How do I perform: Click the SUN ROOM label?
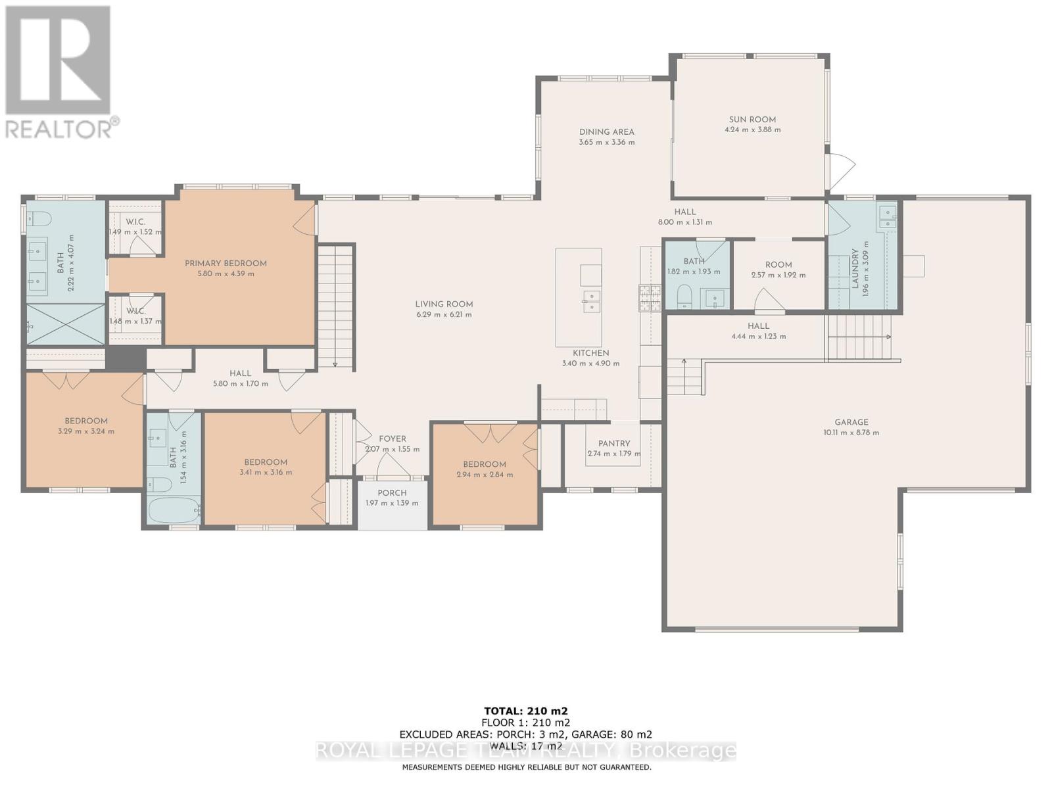(x=752, y=120)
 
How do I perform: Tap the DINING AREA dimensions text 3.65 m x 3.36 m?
(x=606, y=142)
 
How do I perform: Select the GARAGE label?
(x=851, y=422)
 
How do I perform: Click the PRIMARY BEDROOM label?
(x=226, y=263)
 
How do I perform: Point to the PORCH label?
(x=392, y=493)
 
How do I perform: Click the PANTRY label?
(x=614, y=443)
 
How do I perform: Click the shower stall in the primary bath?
(x=66, y=324)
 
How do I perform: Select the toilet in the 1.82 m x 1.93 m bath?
(x=684, y=297)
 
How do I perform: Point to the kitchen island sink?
(x=591, y=302)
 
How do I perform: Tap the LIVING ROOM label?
(x=444, y=304)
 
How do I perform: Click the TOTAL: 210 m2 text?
(x=525, y=711)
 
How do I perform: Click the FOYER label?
(x=393, y=439)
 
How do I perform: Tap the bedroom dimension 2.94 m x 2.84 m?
(x=485, y=475)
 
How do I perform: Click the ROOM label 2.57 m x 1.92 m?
(x=778, y=264)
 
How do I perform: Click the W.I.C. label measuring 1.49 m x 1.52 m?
(x=135, y=222)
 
